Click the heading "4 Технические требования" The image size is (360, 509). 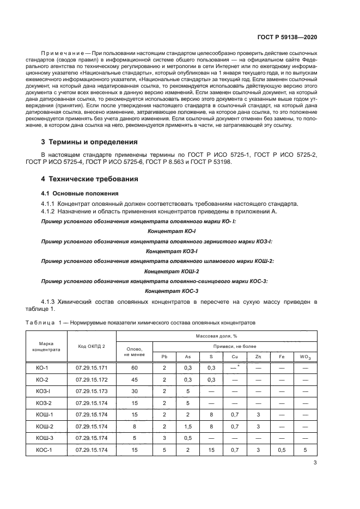(90, 179)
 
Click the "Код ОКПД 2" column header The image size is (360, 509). (91, 346)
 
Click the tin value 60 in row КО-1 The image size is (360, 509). (134, 368)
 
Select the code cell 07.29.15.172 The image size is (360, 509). (91, 379)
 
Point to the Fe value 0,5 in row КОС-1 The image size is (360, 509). (282, 449)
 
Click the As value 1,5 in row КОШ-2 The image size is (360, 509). (188, 426)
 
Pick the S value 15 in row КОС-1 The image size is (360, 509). (211, 449)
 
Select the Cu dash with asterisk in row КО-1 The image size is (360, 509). (235, 368)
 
